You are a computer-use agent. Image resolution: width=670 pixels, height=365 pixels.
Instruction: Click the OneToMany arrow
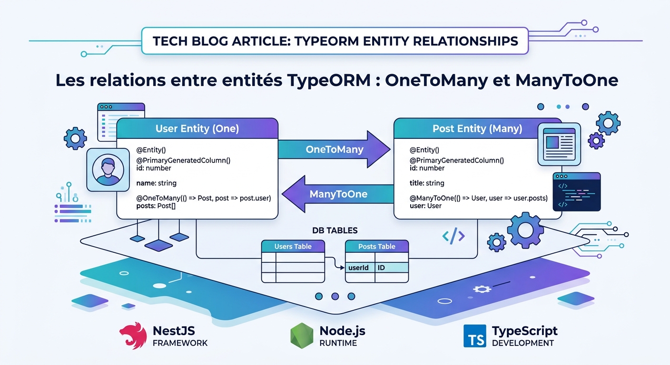pyautogui.click(x=334, y=150)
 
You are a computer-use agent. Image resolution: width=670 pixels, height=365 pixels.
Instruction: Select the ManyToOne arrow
pyautogui.click(x=338, y=194)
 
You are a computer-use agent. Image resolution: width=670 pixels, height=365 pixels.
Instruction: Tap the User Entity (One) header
pyautogui.click(x=197, y=129)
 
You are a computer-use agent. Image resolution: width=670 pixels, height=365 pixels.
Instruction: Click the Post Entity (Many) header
pyautogui.click(x=477, y=129)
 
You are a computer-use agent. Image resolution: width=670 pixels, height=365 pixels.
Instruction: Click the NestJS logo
pyautogui.click(x=132, y=335)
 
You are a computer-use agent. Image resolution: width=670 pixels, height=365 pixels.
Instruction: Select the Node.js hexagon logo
pyautogui.click(x=301, y=335)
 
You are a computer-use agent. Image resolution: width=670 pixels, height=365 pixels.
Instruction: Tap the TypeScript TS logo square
pyautogui.click(x=474, y=336)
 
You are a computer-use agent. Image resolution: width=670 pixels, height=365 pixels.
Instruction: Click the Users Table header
pyautogui.click(x=293, y=246)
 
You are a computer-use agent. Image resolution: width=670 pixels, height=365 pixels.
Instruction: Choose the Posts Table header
pyautogui.click(x=376, y=246)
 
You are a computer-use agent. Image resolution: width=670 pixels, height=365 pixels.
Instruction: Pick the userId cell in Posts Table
pyautogui.click(x=359, y=268)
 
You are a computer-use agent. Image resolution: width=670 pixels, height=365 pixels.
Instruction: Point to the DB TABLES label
pyautogui.click(x=335, y=231)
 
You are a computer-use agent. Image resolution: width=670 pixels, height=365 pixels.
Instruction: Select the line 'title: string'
pyautogui.click(x=427, y=183)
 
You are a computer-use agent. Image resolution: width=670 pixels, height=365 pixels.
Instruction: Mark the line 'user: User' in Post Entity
pyautogui.click(x=425, y=206)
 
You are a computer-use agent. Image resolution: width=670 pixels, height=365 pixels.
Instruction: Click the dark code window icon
pyautogui.click(x=577, y=192)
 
